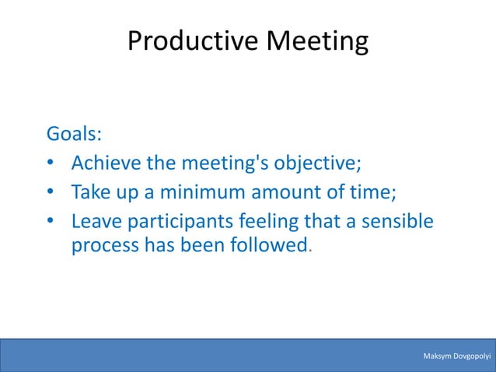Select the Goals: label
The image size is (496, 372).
[x=74, y=133]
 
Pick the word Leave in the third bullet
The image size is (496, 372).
[x=94, y=221]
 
